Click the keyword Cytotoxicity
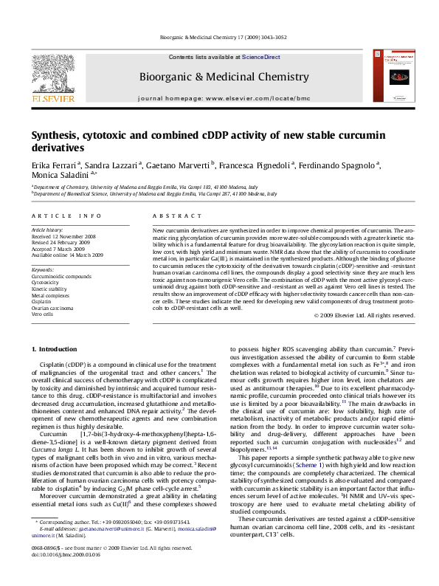click(x=46, y=282)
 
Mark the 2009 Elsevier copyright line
click(x=357, y=315)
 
